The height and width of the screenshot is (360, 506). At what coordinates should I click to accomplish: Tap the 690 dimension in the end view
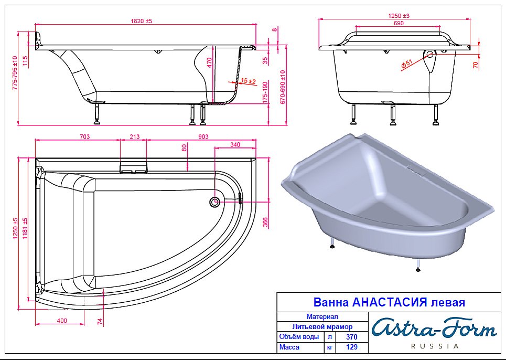pos(399,24)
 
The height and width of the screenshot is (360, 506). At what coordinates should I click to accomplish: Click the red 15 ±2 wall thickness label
pos(248,81)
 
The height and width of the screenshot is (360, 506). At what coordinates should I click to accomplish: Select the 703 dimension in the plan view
pos(84,137)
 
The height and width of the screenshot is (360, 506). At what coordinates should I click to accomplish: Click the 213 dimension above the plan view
pos(134,137)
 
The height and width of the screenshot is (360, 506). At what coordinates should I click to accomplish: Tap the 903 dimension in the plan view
pos(203,137)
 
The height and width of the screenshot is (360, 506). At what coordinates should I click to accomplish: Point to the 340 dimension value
pos(235,144)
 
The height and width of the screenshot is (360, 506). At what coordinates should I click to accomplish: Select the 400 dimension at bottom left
pos(62,320)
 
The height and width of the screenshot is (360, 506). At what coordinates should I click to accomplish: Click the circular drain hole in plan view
pos(214,202)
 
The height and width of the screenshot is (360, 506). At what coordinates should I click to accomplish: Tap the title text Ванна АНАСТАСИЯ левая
pos(389,303)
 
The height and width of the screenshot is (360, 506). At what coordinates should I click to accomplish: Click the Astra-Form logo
pos(434,329)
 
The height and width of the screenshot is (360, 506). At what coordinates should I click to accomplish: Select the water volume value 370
pos(352,337)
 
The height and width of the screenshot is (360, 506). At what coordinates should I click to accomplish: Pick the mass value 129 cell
pos(352,347)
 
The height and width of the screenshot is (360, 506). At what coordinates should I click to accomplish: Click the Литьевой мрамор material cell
pos(322,326)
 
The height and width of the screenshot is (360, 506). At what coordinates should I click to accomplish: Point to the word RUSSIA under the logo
pos(434,346)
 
